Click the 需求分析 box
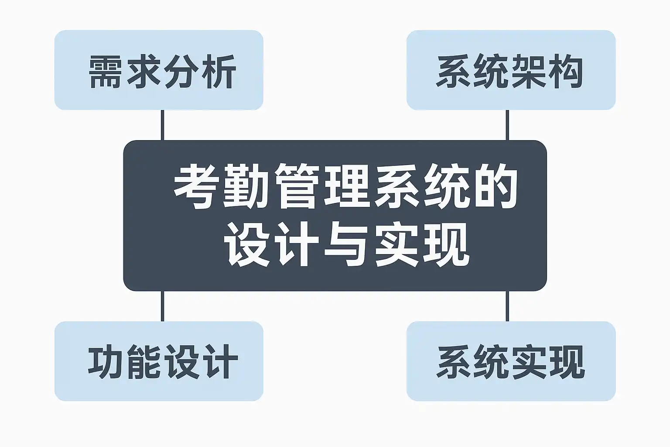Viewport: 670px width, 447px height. coord(159,70)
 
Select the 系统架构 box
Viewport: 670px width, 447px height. coord(511,70)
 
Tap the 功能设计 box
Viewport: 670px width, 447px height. coord(159,361)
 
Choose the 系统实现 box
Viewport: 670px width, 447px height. coord(511,361)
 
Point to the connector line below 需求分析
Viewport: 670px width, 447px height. coord(163,125)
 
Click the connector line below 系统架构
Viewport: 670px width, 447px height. coord(507,125)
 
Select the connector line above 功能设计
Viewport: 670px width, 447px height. coord(163,306)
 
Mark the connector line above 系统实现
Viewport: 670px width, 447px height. coord(507,306)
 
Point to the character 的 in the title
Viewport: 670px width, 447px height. coord(496,187)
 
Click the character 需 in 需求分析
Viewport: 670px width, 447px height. coord(106,71)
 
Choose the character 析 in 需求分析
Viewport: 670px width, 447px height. coord(219,71)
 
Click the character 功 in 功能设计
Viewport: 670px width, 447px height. coord(106,362)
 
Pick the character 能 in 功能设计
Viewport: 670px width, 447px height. coord(144,362)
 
